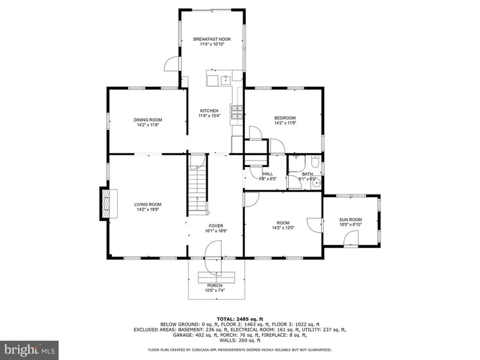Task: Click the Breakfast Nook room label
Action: pos(212,39)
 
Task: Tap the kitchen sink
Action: pos(226,79)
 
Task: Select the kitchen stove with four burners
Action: pos(237,112)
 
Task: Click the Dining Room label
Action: pos(148,120)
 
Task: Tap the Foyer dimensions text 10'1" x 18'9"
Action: pos(216,231)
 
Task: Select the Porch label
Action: pos(215,286)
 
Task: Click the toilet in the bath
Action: pos(315,161)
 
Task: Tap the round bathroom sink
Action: pos(315,183)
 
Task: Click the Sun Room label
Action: pos(350,219)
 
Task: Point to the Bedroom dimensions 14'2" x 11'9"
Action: pos(285,123)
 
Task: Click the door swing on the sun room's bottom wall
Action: pos(351,238)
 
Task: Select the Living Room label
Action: pos(148,205)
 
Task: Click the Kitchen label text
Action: pos(209,111)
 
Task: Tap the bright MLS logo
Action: pos(30,350)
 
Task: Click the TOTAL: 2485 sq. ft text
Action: pos(240,319)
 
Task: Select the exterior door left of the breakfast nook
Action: pos(172,64)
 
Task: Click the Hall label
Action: pos(268,174)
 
